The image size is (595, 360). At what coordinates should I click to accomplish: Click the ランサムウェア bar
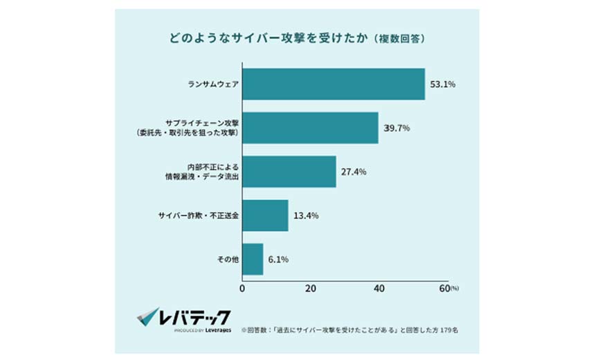333,84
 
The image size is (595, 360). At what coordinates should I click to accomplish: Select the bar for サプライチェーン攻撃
310,128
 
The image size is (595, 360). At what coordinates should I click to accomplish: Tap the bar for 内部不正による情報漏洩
289,172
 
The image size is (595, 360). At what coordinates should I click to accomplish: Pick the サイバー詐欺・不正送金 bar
265,215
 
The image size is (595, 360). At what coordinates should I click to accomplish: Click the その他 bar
253,259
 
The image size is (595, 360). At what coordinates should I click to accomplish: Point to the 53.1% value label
443,84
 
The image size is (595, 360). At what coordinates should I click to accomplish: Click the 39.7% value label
396,128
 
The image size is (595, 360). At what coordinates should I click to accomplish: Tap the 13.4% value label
306,215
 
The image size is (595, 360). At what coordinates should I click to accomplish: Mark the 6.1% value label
277,259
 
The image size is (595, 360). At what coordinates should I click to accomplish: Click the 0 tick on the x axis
242,288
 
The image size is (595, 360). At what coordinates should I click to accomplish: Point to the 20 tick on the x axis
310,288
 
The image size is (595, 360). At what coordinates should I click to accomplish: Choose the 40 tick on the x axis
378,288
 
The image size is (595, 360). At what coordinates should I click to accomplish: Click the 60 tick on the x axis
444,288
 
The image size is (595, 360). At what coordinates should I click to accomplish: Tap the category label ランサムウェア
213,84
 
